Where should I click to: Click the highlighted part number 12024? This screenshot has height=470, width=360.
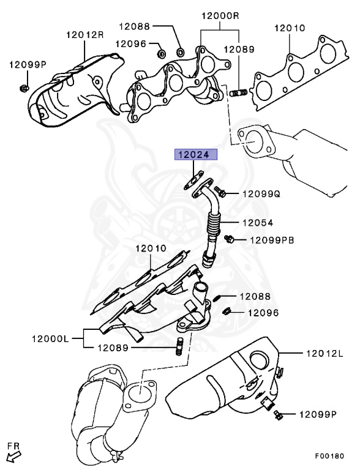pos(193,154)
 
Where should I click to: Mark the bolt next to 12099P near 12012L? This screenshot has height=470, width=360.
pos(279,417)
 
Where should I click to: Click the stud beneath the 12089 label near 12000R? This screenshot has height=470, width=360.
pos(239,94)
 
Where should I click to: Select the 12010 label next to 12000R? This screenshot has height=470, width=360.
pos(290,28)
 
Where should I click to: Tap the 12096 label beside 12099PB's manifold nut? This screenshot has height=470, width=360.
pos(263,313)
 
